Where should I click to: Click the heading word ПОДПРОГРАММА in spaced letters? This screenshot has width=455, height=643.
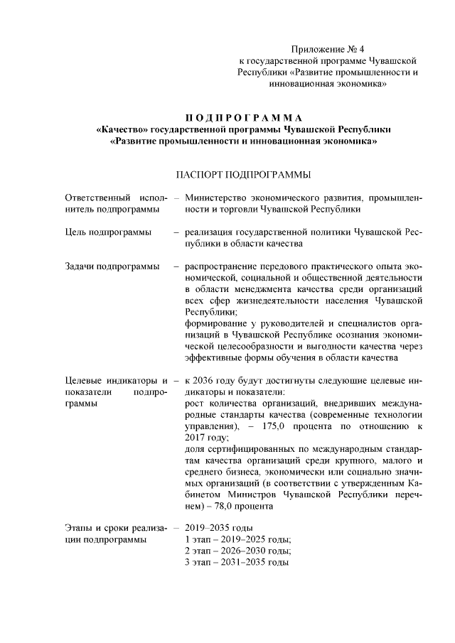(243, 117)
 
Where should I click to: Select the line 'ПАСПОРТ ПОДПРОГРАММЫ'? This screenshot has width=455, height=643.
(243, 174)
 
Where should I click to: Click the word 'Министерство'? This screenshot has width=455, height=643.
(216, 197)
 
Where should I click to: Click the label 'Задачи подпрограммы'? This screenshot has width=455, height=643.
(112, 266)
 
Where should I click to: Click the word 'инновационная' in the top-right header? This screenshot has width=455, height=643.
(302, 84)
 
